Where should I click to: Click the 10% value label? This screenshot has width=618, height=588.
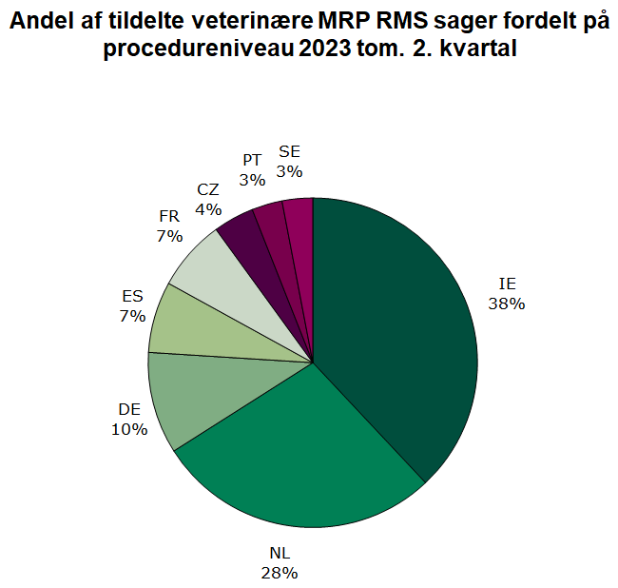[x=129, y=429]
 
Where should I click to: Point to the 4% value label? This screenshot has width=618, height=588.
[x=208, y=208]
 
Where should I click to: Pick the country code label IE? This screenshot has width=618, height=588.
[x=508, y=284]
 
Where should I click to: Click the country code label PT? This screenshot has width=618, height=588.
[x=252, y=159]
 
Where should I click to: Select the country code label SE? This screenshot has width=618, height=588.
[x=289, y=152]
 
